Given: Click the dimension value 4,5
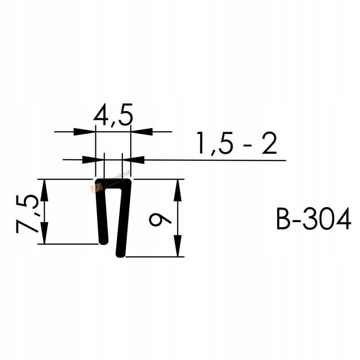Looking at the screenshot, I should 113,117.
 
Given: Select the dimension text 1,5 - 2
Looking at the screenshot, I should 236,144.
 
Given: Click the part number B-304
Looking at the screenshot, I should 313,220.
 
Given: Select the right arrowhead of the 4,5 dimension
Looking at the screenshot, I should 141,132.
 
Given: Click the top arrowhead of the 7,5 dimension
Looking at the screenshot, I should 44,189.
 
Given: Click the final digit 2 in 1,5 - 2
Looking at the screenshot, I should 269,144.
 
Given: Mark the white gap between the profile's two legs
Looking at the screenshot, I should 112,216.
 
